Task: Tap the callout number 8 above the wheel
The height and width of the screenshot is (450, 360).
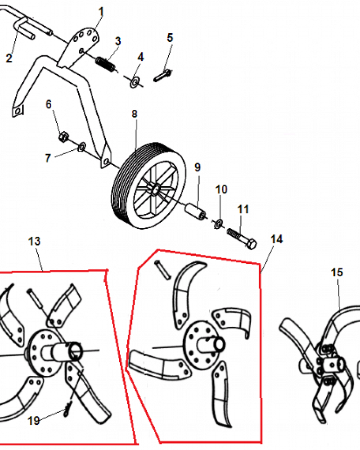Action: coord(134,114)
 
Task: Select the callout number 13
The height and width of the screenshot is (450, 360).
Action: coord(34,241)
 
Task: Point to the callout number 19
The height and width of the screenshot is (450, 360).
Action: coord(34,421)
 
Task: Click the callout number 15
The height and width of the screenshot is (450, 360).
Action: coord(337,272)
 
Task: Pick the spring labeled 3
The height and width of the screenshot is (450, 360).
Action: coord(106,63)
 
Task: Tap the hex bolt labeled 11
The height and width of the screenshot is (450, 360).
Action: coord(242,238)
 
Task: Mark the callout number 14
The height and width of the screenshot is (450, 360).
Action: coord(277,239)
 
